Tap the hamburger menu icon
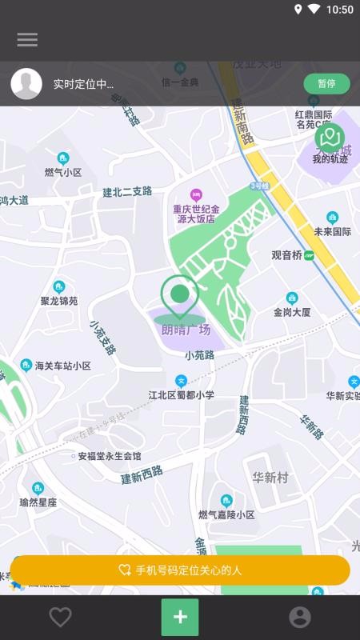27,39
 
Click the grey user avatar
26,84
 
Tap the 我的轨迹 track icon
330,142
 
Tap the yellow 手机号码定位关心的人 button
180,570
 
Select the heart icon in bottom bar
60,617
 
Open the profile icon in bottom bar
300,617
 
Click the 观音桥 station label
286,255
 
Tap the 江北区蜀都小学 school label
182,394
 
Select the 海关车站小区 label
63,366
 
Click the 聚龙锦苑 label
59,301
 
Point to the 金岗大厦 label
292,312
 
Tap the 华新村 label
270,478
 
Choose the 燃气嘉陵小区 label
226,514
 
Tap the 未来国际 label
333,231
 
